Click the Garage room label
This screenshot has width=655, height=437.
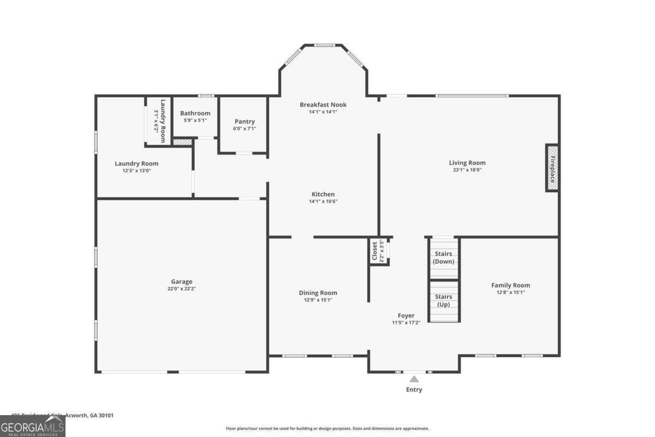pos(181,282)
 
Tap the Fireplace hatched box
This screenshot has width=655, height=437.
pos(552,168)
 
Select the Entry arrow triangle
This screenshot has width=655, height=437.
pos(414,379)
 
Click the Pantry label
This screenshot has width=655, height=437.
pos(245,121)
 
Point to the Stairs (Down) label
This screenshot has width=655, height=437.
pos(443,257)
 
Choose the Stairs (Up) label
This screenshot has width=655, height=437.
pos(443,300)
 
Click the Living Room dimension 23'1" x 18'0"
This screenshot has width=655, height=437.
pos(467,170)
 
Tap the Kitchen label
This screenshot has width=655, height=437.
pos(323,194)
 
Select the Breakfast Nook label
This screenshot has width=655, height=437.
pos(323,104)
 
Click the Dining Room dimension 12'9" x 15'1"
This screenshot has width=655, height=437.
pos(318,300)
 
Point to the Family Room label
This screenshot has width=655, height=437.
pos(510,285)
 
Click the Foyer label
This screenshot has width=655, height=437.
pos(406,315)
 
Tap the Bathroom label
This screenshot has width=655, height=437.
pos(195,113)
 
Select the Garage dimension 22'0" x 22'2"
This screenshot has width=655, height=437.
pos(181,289)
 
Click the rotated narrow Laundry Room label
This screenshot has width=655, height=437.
pos(162,121)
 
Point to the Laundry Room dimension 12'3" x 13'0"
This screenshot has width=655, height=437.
pos(136,170)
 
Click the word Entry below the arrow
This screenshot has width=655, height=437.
pos(414,389)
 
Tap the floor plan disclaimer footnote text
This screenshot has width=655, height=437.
pos(327,428)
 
